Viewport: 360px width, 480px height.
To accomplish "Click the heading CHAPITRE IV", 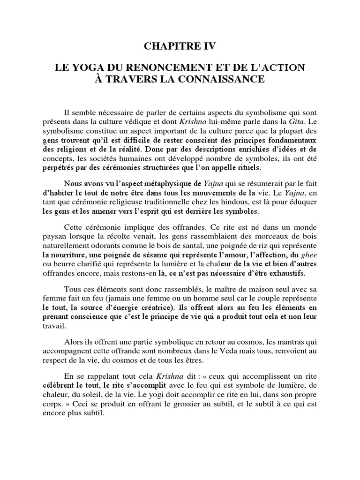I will pyautogui.click(x=180, y=47).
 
